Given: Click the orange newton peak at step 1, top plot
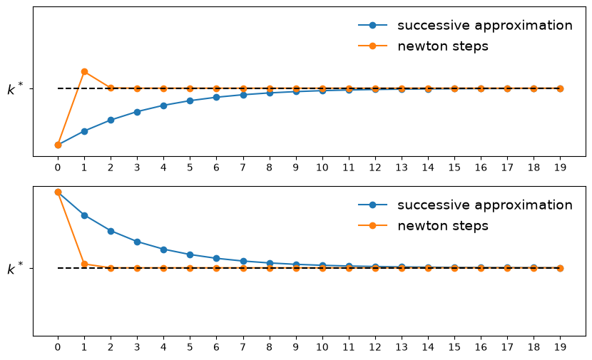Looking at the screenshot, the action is pyautogui.click(x=85, y=72).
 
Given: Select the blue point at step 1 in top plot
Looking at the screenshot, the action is pyautogui.click(x=85, y=131).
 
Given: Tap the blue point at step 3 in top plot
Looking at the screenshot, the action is pyautogui.click(x=137, y=112).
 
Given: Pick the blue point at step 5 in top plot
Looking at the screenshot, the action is pyautogui.click(x=190, y=101).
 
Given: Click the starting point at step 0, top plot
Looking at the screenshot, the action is pyautogui.click(x=58, y=145).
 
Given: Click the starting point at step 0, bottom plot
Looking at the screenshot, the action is pyautogui.click(x=58, y=192).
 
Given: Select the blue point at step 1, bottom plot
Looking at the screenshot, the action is pyautogui.click(x=85, y=215).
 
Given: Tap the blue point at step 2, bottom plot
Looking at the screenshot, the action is pyautogui.click(x=111, y=231).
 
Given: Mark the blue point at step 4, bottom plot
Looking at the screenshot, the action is pyautogui.click(x=163, y=250).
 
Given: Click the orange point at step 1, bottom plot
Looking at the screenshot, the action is pyautogui.click(x=85, y=264).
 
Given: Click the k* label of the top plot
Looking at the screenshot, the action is pyautogui.click(x=15, y=89).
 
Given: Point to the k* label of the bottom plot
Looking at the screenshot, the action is pyautogui.click(x=15, y=269).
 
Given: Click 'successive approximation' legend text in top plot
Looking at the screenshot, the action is pyautogui.click(x=485, y=26).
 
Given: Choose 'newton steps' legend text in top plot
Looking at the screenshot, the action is pyautogui.click(x=443, y=46).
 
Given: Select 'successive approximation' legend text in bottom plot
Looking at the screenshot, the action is pyautogui.click(x=485, y=205).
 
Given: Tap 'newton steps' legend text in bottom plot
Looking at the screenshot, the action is pyautogui.click(x=443, y=226).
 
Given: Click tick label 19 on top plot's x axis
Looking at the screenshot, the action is pyautogui.click(x=561, y=168).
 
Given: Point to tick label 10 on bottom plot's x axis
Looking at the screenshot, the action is pyautogui.click(x=322, y=346).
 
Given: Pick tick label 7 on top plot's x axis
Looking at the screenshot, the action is pyautogui.click(x=243, y=168).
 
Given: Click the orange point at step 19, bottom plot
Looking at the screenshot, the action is pyautogui.click(x=561, y=268).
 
